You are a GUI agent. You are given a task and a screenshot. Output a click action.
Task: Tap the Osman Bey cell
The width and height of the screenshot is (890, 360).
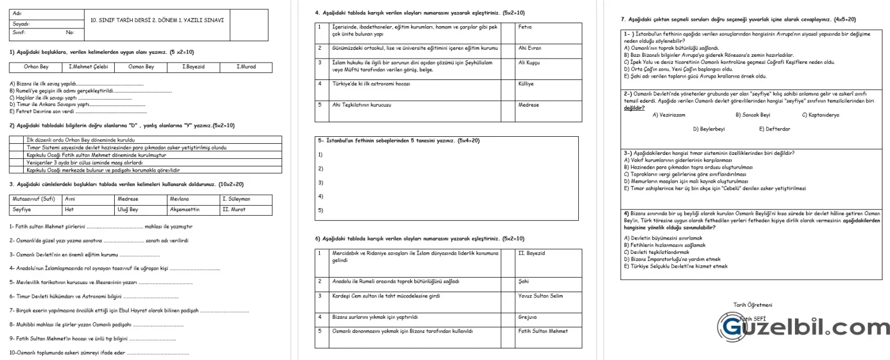[141, 67]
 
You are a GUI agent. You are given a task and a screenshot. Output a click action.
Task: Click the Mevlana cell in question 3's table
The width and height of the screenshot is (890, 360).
[193, 199]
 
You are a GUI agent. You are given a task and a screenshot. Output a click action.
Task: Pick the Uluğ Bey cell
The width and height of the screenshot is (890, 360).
[141, 209]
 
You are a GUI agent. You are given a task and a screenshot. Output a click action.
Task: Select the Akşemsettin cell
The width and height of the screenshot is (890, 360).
[193, 209]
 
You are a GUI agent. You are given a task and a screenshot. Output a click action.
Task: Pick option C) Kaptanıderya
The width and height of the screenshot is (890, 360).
[820, 115]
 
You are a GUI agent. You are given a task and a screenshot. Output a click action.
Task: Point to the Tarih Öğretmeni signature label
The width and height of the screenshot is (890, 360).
[753, 305]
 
